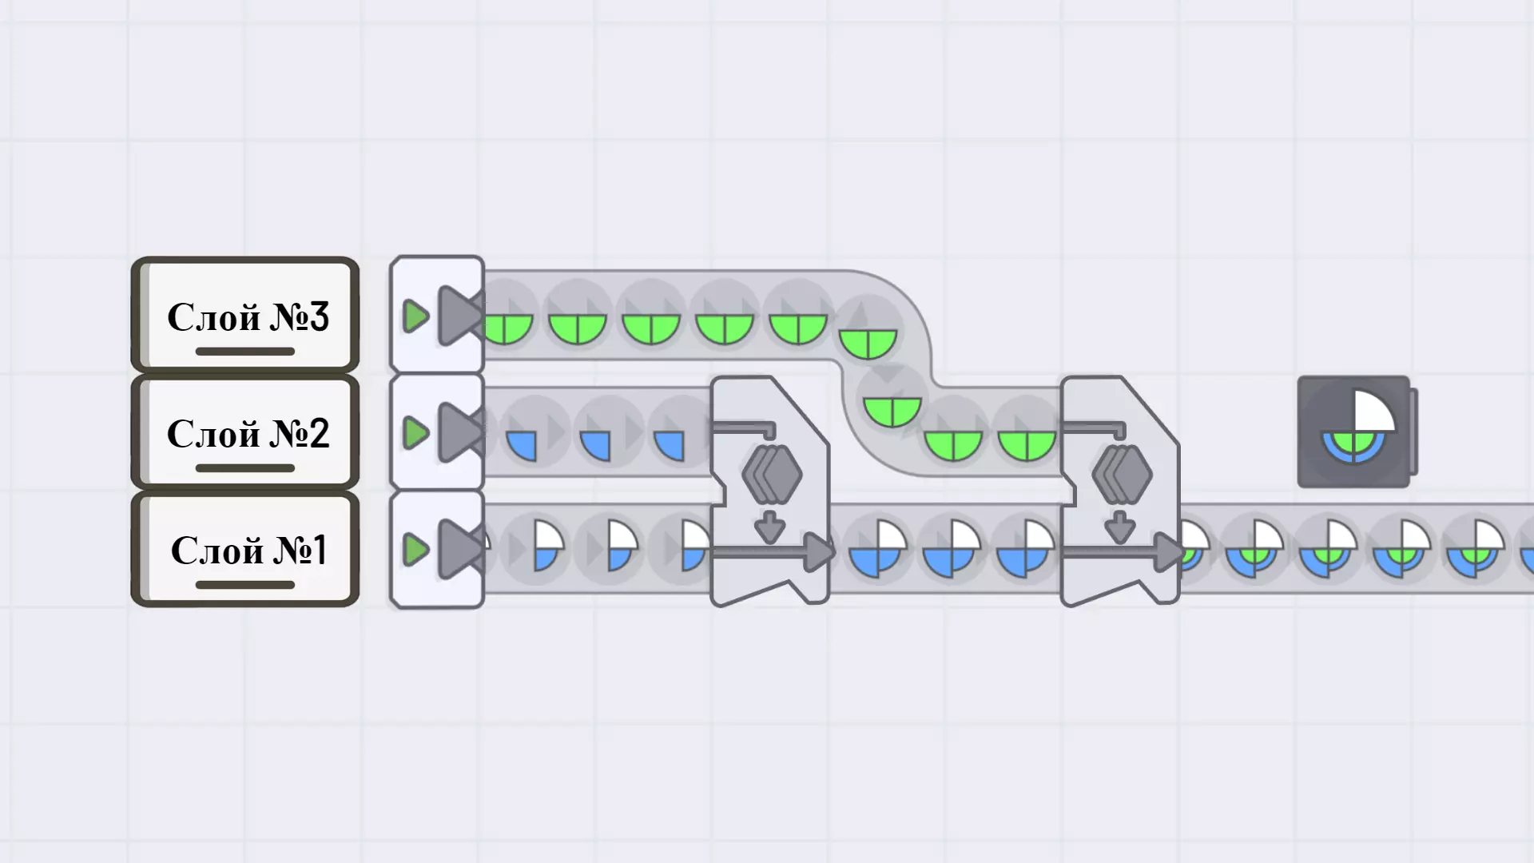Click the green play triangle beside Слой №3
415,316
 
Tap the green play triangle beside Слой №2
415,433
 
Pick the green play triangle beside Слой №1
415,550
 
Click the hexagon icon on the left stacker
772,475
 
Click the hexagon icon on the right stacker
1122,475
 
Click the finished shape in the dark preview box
1354,432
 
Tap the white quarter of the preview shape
1372,412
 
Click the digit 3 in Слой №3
318,316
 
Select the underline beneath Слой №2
245,468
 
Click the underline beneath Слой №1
245,585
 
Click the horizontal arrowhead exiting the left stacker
818,551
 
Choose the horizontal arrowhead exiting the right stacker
1168,551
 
